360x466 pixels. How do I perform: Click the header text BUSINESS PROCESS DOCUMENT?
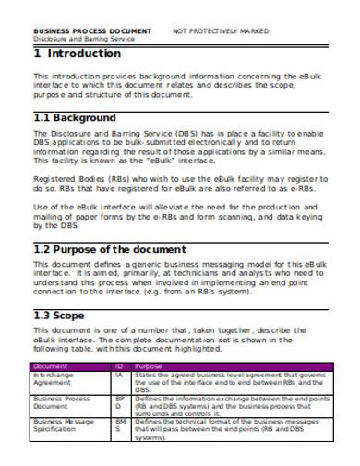point(91,30)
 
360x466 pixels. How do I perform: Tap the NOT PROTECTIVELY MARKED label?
point(228,30)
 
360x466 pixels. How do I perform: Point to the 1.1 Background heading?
point(75,118)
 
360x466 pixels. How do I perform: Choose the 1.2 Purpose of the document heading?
point(110,249)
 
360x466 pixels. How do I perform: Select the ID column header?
point(119,366)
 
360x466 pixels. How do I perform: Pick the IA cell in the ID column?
point(119,375)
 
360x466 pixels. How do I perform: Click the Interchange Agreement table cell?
point(57,378)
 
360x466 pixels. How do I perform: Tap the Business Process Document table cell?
point(64,401)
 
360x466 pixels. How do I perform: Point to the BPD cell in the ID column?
point(119,401)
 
